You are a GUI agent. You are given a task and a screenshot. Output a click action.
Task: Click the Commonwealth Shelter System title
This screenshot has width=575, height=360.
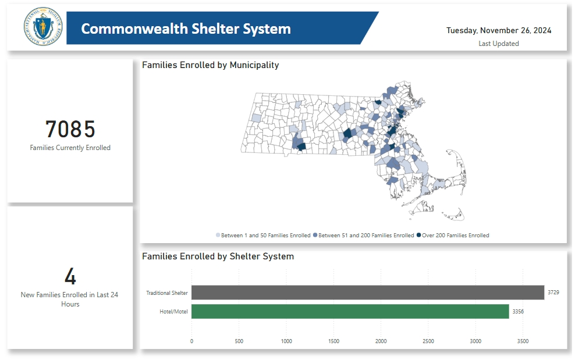(186, 28)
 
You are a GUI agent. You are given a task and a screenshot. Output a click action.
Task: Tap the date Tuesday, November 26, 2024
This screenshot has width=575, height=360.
(499, 30)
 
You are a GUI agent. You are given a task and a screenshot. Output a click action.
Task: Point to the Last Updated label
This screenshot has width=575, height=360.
(499, 44)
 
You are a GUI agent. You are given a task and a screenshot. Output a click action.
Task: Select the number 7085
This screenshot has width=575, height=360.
(70, 129)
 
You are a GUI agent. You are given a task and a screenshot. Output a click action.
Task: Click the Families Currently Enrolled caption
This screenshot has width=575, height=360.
(70, 148)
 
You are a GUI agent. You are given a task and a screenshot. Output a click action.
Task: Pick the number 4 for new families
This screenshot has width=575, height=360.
(70, 277)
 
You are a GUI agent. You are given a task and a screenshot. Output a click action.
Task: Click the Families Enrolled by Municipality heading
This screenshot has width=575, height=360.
(210, 65)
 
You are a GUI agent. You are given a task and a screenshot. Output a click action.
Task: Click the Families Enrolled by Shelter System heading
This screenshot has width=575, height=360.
(218, 256)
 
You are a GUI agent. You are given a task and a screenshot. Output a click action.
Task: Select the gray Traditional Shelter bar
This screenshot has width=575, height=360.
(367, 293)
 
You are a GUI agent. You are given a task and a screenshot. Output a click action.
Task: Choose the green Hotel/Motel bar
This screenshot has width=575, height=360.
(350, 312)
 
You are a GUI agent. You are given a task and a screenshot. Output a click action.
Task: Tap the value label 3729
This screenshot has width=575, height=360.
(553, 293)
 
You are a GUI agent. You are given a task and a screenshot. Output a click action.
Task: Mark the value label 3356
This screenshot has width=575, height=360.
(518, 312)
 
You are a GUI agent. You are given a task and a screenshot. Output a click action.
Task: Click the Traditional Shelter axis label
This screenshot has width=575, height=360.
(167, 293)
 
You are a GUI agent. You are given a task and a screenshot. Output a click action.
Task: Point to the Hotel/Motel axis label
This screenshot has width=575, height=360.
(173, 312)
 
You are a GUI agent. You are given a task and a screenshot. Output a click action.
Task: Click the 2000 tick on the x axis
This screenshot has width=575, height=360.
(381, 341)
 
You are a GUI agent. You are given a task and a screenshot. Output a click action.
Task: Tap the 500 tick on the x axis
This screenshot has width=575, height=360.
(239, 341)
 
